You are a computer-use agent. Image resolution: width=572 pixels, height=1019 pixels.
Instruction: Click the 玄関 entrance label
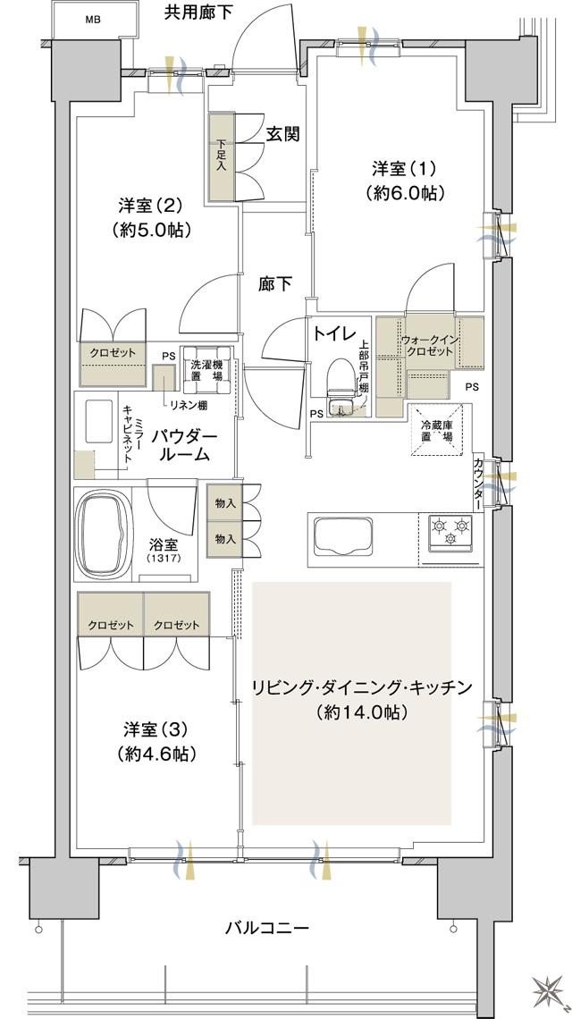(x=282, y=134)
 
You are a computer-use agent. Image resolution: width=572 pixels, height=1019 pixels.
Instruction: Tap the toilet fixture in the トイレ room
(x=339, y=380)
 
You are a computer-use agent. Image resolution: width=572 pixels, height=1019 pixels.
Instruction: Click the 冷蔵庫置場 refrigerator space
(x=437, y=433)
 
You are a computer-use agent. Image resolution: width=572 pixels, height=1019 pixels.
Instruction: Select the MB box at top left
(x=92, y=20)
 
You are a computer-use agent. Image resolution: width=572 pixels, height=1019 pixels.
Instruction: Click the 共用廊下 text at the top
(x=198, y=12)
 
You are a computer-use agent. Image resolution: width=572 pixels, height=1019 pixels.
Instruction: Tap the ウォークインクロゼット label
(x=429, y=346)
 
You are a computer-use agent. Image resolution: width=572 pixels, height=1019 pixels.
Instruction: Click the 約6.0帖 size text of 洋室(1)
(x=405, y=192)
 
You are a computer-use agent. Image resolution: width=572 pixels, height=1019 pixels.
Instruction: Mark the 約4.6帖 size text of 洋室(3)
(x=156, y=754)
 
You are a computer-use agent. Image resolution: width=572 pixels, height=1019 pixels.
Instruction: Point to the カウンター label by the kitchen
(x=480, y=483)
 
